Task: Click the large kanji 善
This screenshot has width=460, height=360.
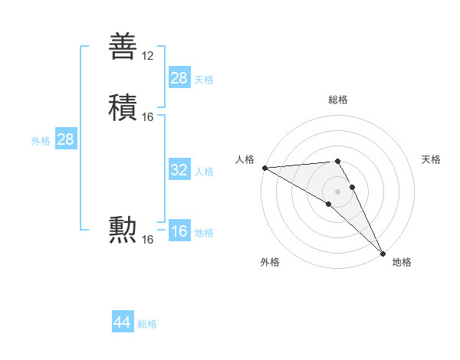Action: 124,47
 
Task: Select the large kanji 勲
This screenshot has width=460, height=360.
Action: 124,231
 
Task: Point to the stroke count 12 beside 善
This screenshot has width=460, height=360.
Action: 148,56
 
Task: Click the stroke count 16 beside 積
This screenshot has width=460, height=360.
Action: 148,117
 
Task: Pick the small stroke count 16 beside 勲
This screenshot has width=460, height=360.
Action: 148,240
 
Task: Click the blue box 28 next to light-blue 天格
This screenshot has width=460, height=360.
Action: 179,78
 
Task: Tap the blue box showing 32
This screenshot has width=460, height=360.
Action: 179,170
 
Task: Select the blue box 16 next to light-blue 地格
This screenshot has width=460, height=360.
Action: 179,231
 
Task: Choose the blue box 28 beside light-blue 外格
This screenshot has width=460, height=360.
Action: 65,139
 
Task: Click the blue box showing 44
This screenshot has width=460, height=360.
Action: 122,322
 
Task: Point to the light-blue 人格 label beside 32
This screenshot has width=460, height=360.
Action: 204,171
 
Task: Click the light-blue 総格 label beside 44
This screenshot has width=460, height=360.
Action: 147,324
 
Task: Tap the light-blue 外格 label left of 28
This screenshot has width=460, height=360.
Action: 41,140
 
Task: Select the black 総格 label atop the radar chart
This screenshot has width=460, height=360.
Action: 338,100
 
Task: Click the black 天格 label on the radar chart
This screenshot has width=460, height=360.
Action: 432,159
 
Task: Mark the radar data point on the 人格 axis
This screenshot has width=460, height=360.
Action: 264,168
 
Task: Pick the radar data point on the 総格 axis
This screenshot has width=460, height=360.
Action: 338,161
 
